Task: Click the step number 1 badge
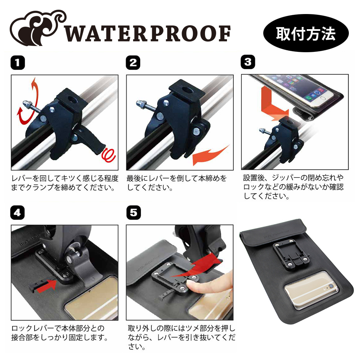coord(18,63)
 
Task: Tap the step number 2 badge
coord(133,63)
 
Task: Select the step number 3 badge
coord(248,62)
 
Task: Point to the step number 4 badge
coord(18,213)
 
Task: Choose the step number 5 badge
coord(134,213)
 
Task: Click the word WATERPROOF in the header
coord(147,34)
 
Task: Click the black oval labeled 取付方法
coord(306,33)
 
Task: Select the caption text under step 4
coord(60,333)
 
